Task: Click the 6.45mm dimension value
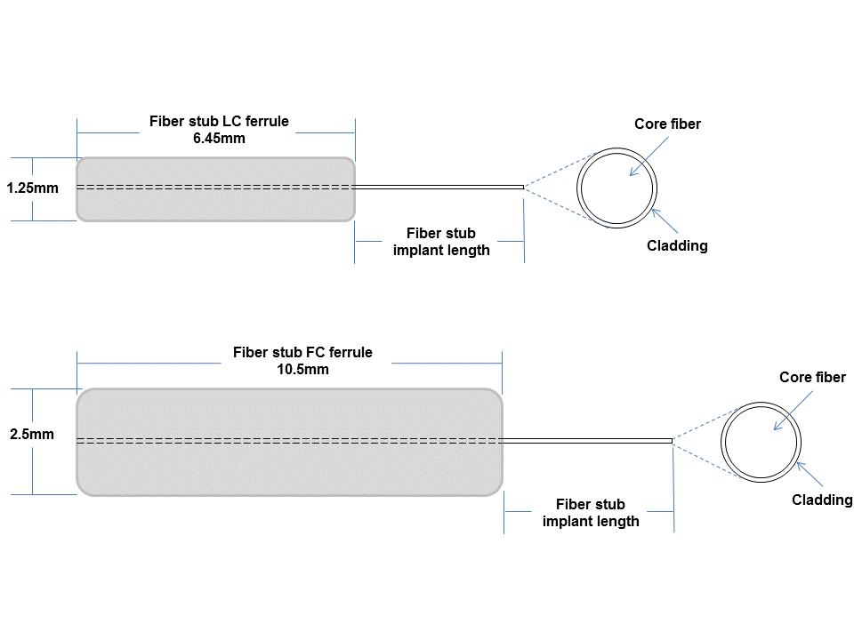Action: point(219,139)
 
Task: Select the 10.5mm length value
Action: point(302,370)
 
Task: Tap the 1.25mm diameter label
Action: point(32,188)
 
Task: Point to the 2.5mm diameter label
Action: point(32,435)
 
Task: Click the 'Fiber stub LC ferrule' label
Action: point(219,121)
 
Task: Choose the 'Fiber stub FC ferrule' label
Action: point(302,352)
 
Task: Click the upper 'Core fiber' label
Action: point(668,124)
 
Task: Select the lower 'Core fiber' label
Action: point(812,377)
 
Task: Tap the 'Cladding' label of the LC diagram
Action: point(678,246)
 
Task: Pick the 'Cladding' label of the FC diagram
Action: point(822,500)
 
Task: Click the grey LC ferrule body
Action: point(215,204)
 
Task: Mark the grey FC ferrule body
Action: point(289,468)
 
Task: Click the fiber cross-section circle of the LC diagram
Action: point(577,188)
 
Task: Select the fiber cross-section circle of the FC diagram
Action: point(721,442)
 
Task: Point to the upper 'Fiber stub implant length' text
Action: point(441,242)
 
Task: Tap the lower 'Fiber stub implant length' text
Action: point(591,513)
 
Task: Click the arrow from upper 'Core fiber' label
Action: point(649,156)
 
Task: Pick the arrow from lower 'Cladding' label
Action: point(810,474)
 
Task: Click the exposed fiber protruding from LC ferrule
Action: point(439,188)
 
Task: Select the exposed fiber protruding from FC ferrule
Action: point(587,441)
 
